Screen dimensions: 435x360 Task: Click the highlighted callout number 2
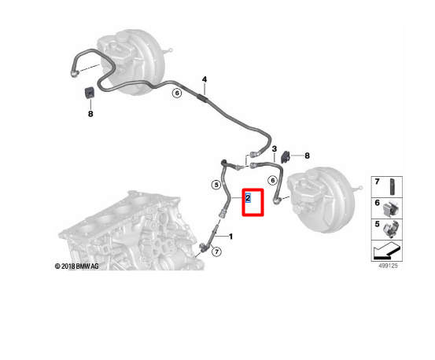pos(248,197)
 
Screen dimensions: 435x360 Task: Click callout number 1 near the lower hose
pos(230,237)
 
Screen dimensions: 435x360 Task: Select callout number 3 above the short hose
pos(275,149)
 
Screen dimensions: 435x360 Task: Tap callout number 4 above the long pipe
pos(205,79)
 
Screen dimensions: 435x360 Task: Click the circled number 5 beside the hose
pos(216,185)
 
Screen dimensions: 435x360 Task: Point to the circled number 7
pos(216,252)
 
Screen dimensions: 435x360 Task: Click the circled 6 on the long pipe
pos(177,93)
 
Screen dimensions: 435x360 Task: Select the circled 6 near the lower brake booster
pos(273,181)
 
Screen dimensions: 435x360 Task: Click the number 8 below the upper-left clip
pos(90,114)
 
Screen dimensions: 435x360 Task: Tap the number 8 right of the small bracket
pos(307,156)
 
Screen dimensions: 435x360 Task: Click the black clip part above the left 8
pos(89,92)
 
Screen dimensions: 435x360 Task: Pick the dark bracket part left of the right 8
pos(286,157)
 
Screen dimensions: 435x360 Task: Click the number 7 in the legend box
pos(377,182)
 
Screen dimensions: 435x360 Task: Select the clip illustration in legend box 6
pos(391,208)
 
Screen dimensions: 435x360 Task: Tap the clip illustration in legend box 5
pos(391,230)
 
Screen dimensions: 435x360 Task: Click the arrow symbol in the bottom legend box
pos(386,250)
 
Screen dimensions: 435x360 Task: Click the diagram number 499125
pos(388,266)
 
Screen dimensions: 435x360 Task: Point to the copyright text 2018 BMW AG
pos(76,266)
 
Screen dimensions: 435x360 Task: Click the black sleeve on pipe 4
pos(201,97)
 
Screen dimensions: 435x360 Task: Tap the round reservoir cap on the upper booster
pos(121,35)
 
